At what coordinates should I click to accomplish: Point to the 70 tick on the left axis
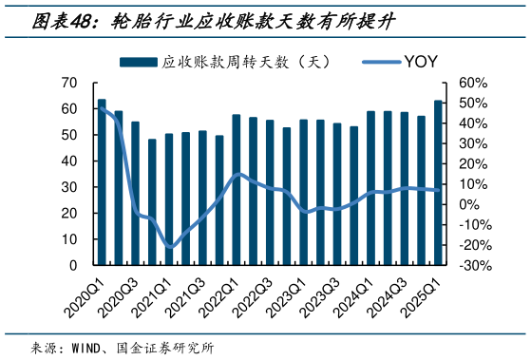click(67, 83)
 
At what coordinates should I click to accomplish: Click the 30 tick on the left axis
click(67, 185)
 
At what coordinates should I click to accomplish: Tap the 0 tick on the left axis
click(72, 263)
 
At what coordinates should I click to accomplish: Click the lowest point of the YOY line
click(170, 248)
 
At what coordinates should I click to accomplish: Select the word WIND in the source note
click(87, 347)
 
